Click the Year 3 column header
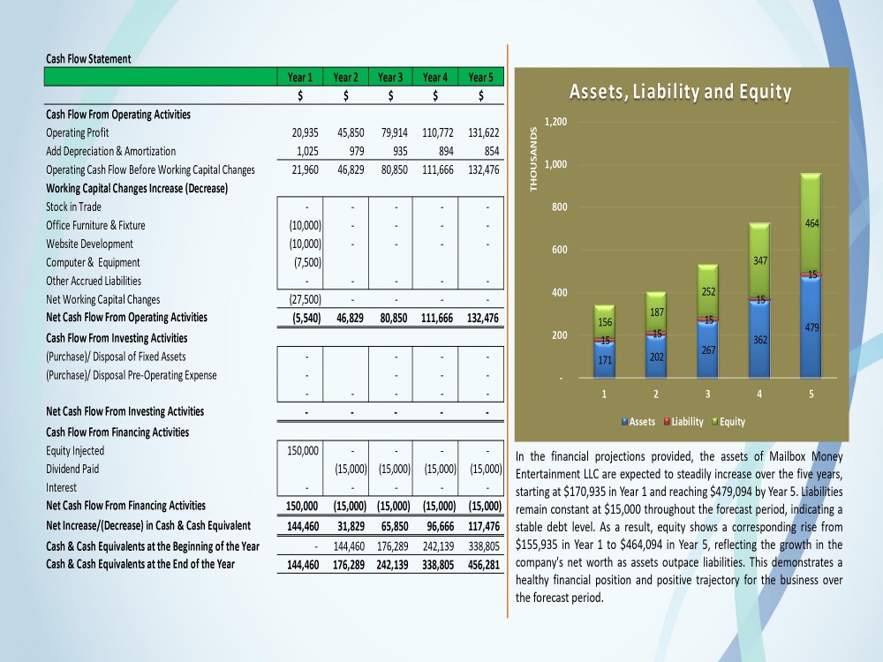click(x=390, y=77)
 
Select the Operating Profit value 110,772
click(x=438, y=133)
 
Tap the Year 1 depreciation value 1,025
click(x=307, y=151)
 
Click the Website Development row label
click(x=89, y=244)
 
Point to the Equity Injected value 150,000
click(x=303, y=450)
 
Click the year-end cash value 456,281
click(x=484, y=565)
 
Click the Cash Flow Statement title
click(x=88, y=58)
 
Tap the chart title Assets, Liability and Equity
click(x=680, y=92)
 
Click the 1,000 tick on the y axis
click(x=555, y=164)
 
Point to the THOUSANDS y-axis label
click(x=533, y=159)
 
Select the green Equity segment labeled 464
click(x=811, y=223)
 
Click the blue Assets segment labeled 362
click(x=759, y=339)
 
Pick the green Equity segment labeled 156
click(x=604, y=322)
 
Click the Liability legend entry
click(x=683, y=422)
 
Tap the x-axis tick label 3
click(x=708, y=394)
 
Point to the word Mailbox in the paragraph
click(x=787, y=456)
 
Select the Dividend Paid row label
click(x=72, y=469)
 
